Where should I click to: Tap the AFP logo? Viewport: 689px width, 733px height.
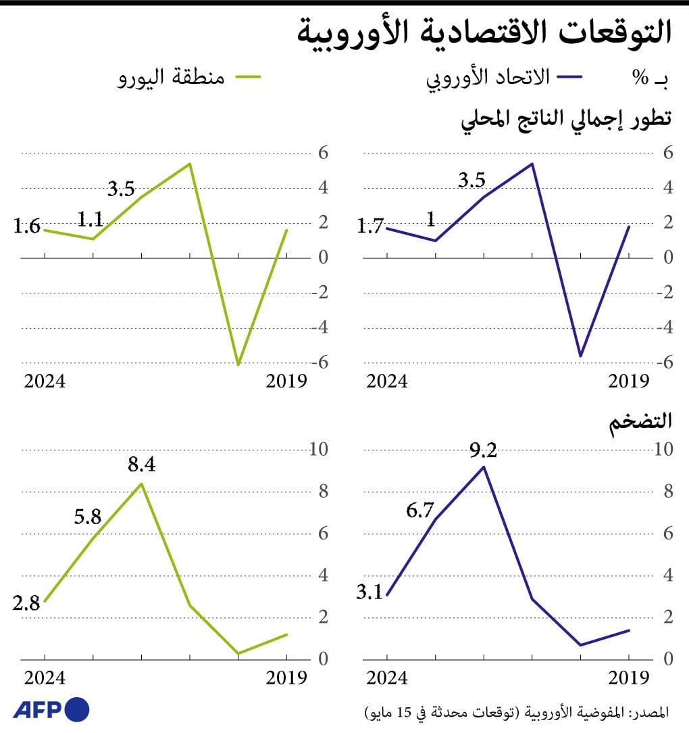click(51, 709)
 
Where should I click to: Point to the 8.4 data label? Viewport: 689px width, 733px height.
click(141, 466)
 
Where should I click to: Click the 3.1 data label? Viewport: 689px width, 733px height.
click(369, 593)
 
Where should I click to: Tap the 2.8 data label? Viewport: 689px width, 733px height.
click(26, 602)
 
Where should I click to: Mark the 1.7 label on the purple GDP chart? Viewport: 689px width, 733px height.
click(371, 227)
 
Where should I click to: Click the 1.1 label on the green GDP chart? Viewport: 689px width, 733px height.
click(89, 219)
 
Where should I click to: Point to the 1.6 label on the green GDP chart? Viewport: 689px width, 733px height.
click(27, 227)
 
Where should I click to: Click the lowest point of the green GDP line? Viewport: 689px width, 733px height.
click(238, 365)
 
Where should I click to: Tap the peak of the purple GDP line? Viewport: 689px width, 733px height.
click(532, 164)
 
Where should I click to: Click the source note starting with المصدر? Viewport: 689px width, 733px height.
click(517, 712)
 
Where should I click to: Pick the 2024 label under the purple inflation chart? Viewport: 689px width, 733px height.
click(387, 678)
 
